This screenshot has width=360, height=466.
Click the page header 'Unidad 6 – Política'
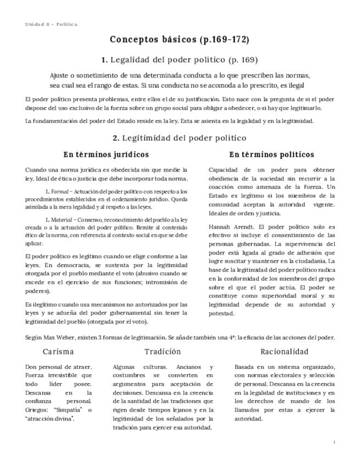(51, 24)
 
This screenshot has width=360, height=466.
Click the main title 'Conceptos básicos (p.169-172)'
(180, 40)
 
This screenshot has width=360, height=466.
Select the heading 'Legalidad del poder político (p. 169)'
(184, 59)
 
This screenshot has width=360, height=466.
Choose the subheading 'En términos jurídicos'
(106, 154)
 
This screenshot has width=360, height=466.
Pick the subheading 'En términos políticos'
(272, 154)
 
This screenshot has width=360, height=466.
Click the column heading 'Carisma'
(58, 352)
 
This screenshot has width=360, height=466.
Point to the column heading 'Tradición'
(163, 352)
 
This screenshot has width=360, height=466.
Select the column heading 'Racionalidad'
(285, 352)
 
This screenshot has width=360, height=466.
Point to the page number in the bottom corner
(334, 442)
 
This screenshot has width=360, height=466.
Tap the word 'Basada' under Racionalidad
(245, 367)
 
